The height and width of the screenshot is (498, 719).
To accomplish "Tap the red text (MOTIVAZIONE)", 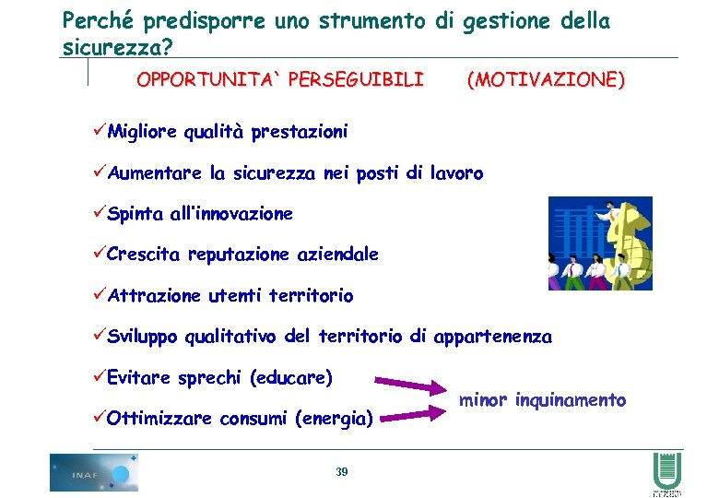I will point(545,80).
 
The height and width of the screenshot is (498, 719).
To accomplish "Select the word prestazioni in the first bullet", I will point(301,133).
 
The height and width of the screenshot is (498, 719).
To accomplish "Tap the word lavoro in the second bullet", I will point(457,173).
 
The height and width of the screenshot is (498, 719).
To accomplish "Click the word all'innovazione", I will point(231,214).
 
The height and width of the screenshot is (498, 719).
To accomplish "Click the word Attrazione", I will point(153,296).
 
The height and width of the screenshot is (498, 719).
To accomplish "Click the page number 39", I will point(342,471).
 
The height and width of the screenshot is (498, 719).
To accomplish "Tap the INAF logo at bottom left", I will point(94,472).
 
